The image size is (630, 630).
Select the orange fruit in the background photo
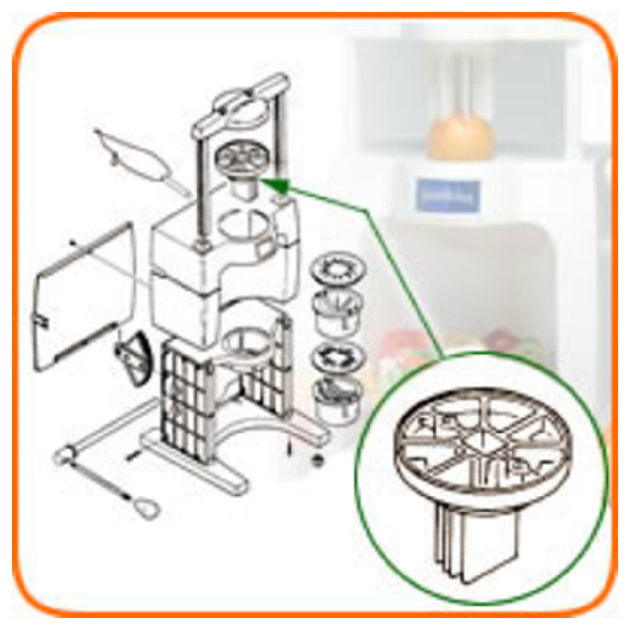coord(460,135)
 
